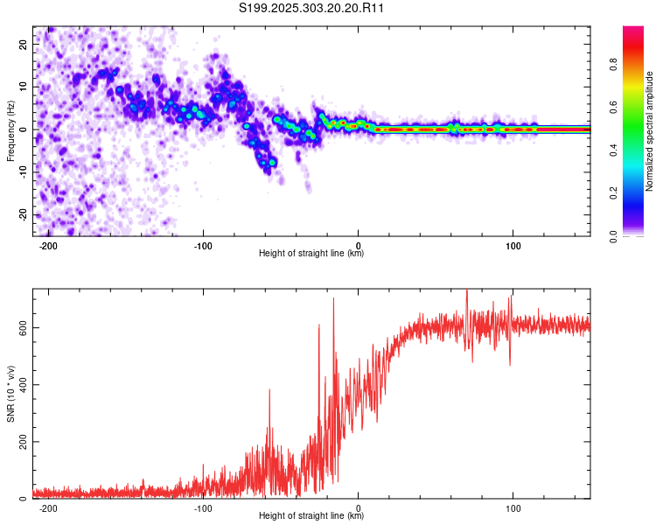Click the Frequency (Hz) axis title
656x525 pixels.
pos(10,130)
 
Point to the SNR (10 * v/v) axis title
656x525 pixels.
pos(10,393)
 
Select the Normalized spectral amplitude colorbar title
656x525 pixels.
pos(650,131)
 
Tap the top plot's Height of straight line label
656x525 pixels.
pos(311,254)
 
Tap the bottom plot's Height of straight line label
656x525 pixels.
pos(311,516)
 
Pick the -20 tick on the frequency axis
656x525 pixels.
pos(24,215)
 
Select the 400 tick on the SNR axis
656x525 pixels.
pos(22,385)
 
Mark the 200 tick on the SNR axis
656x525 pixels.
pos(22,442)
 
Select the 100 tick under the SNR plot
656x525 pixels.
pos(513,507)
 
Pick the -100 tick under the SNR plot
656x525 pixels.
pos(203,507)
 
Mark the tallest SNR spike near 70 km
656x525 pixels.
pos(467,290)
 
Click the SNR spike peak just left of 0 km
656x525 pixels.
pos(333,299)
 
